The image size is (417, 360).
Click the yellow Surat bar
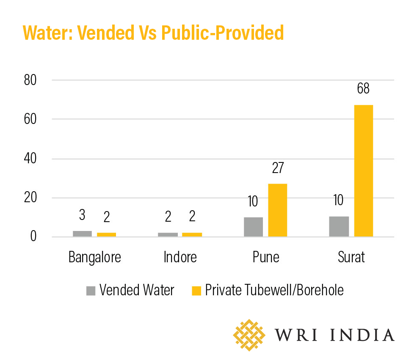point(363,170)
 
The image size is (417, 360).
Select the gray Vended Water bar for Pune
point(253,227)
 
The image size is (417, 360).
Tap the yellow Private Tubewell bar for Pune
point(277,210)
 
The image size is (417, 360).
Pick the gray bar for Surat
point(339,226)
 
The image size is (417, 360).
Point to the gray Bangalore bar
point(82,234)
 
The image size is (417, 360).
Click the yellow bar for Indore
point(192,234)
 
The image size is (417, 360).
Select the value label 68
point(363,89)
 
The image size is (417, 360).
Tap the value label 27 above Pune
point(277,168)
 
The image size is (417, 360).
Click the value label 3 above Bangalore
point(82,215)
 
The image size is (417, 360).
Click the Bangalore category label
point(95,257)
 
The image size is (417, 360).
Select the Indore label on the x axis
point(180,257)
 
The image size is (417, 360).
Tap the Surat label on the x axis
point(351,257)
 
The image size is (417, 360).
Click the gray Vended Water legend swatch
point(91,290)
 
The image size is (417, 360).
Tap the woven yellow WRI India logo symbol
point(249,335)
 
